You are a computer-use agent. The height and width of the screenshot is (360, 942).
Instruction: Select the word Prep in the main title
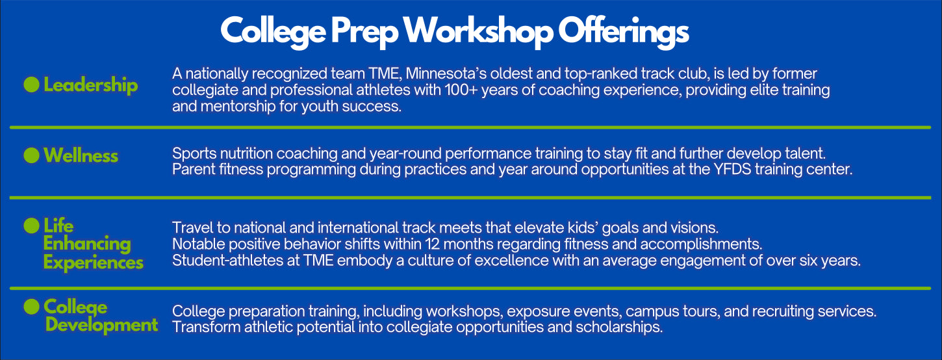pos(364,32)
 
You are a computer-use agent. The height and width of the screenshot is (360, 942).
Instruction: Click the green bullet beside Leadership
pos(32,84)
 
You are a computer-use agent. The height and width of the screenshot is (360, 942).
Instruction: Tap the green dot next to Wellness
pos(32,155)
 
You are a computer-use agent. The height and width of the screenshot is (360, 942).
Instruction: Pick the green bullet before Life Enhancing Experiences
pos(32,225)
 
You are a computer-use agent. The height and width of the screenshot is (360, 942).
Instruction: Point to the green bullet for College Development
pos(32,306)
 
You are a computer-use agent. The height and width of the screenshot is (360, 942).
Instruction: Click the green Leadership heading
pos(91,85)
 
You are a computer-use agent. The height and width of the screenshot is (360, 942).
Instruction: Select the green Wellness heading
pos(81,155)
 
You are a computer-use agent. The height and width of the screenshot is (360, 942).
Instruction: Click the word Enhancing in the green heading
pos(87,244)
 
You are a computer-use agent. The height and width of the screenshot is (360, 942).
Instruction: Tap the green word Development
pos(102,325)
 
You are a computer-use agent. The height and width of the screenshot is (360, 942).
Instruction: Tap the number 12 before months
pos(433,244)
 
